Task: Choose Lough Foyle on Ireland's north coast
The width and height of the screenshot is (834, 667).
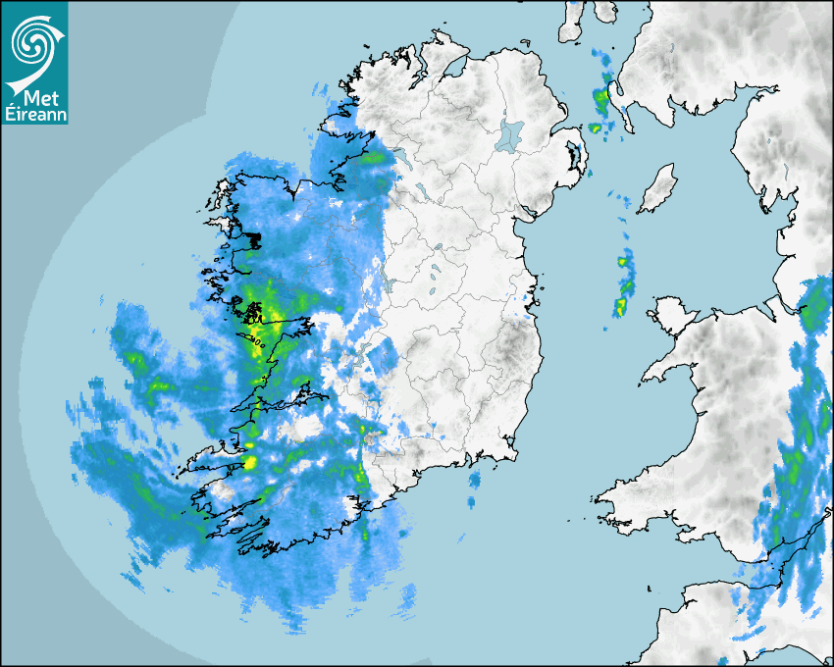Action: pyautogui.click(x=453, y=70)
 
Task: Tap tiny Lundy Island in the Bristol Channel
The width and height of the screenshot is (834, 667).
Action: pyautogui.click(x=649, y=587)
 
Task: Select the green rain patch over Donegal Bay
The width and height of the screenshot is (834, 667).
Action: pyautogui.click(x=373, y=157)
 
